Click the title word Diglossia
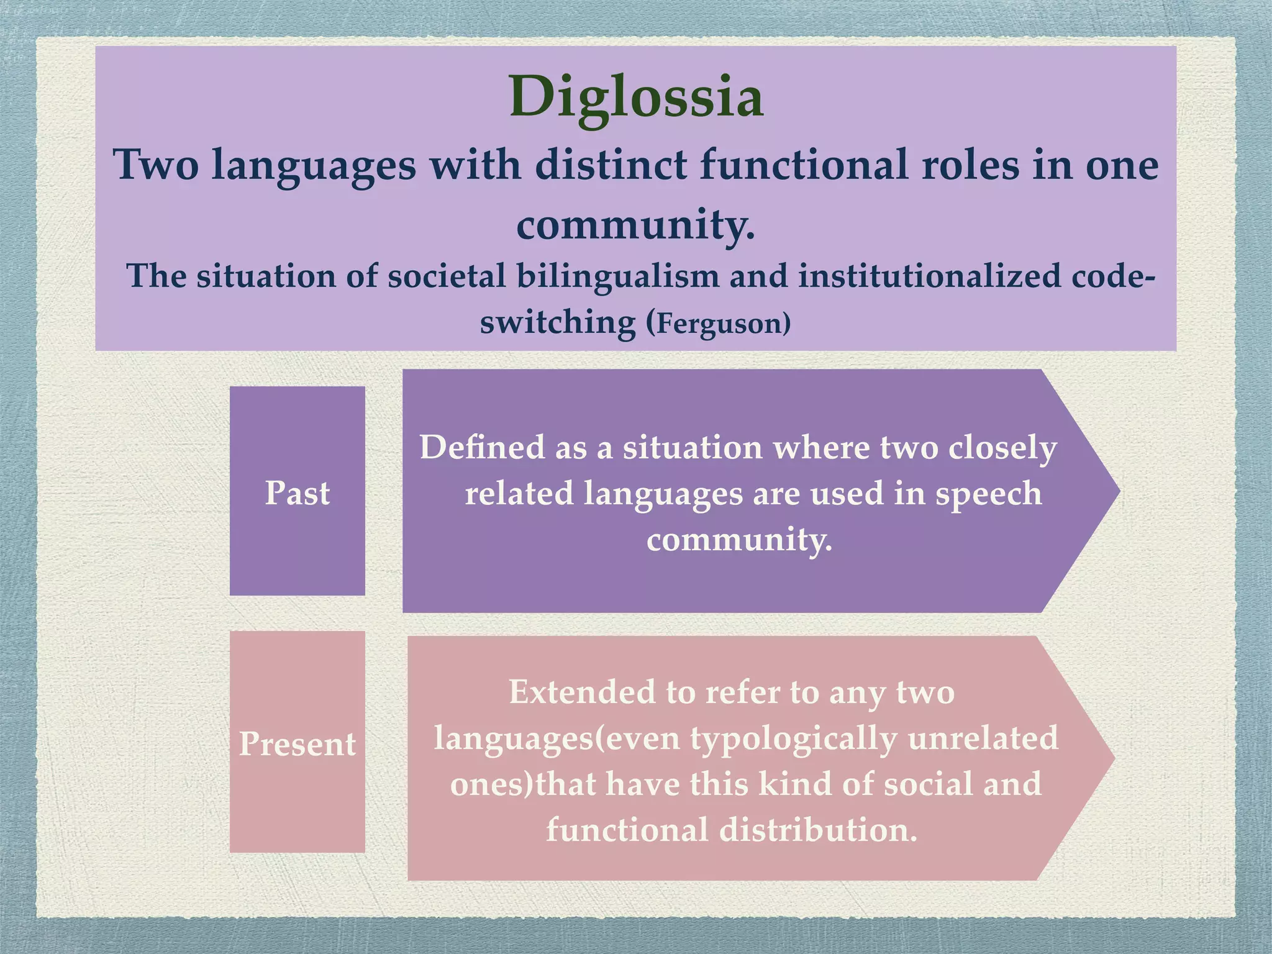pos(636,97)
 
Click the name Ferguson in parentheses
pos(722,324)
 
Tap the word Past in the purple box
pos(297,493)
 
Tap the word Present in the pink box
pos(297,743)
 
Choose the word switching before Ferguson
pos(558,323)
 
